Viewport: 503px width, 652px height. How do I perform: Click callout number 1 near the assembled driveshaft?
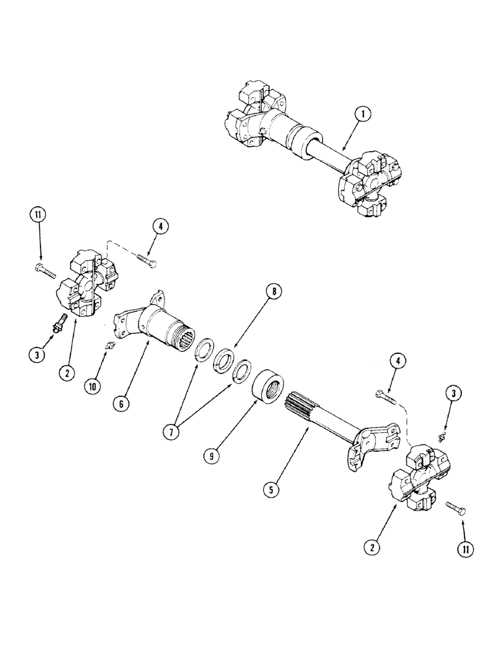click(364, 114)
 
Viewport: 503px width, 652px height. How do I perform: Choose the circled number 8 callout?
click(274, 293)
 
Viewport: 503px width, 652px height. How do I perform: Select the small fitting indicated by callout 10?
click(109, 345)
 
